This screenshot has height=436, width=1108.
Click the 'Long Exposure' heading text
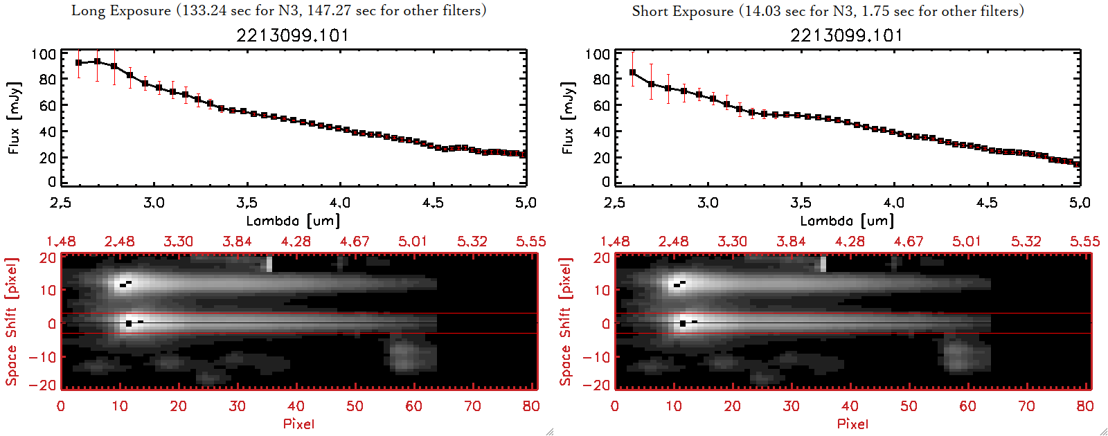(121, 10)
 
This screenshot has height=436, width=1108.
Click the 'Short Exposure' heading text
(682, 11)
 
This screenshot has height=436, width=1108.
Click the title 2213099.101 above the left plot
(292, 35)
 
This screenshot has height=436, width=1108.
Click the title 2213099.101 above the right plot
(846, 35)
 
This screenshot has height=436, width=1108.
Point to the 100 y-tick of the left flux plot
(44, 54)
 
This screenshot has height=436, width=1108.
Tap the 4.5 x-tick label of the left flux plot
(433, 203)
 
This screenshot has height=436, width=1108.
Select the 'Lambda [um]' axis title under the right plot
(846, 221)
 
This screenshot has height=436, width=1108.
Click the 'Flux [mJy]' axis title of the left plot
(15, 118)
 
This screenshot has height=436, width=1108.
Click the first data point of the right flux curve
(632, 72)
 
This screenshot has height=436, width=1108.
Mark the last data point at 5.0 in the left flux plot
(524, 154)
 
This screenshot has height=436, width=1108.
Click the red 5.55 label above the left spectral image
(530, 242)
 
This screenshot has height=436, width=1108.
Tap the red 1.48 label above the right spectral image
(615, 242)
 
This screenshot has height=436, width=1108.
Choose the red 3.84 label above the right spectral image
(791, 242)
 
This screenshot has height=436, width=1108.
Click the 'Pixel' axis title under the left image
(298, 424)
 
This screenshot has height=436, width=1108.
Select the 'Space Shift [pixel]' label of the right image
(566, 322)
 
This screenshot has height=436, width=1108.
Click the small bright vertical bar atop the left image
(269, 264)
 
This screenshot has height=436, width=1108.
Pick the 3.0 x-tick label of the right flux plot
(708, 203)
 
